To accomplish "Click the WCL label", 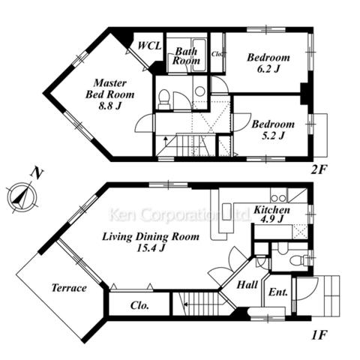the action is point(149,46).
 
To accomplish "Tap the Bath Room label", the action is point(186,56).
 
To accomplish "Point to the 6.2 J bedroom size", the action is point(268,69).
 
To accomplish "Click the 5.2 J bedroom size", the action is point(273,136).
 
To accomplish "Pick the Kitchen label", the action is point(272,210).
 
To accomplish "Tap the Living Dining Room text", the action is point(151,236).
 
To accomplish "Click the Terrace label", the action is point(69,288).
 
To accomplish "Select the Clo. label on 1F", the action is point(139,305).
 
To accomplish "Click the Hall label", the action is point(247,285).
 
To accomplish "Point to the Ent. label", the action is point(278,292).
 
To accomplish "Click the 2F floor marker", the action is point(319,170).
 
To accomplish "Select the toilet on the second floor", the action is point(164,98).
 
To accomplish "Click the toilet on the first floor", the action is point(299,260).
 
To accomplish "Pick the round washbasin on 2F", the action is point(200,91).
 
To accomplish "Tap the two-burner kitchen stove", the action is point(279,199).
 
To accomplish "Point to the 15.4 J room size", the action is point(151,248).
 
